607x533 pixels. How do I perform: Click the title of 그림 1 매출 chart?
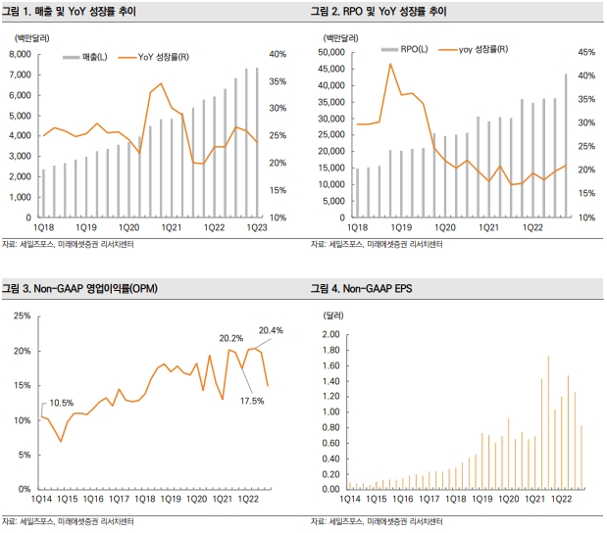coord(82,12)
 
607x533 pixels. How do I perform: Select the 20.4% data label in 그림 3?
coord(271,330)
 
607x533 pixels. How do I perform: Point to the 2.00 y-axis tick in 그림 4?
coord(330,334)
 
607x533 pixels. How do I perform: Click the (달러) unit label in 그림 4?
coord(335,315)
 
